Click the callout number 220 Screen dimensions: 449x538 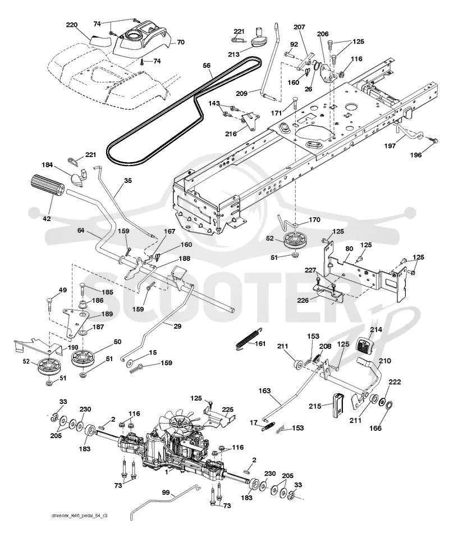pos(72,25)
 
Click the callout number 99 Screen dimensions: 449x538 pos(166,493)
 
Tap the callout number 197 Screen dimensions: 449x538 pos(390,146)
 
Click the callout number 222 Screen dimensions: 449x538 pos(395,382)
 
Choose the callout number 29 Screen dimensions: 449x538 pos(177,327)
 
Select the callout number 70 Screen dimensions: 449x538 pos(181,42)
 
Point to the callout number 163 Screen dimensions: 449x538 pos(264,391)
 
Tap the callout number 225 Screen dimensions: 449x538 pos(228,410)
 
